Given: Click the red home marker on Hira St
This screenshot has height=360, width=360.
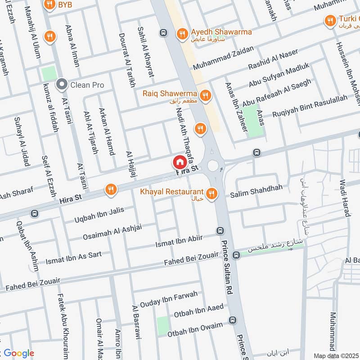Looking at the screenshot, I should [x=179, y=162].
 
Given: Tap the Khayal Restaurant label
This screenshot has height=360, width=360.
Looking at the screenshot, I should [x=171, y=192].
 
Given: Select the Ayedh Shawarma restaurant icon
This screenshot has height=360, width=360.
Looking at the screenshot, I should [x=182, y=33].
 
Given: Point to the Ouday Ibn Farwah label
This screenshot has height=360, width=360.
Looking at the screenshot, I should [x=168, y=298].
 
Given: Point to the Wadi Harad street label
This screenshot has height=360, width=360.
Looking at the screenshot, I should [x=346, y=198].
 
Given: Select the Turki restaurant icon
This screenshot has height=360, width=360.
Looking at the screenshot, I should [x=331, y=20].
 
